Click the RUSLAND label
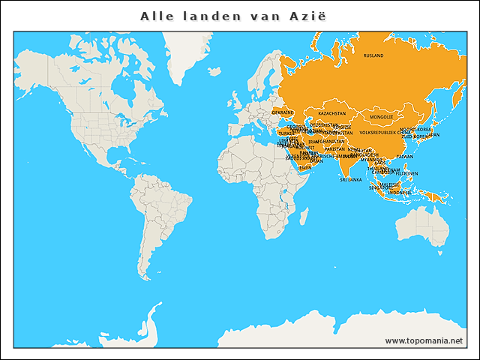373,55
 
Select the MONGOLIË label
381,117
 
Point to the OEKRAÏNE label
282,112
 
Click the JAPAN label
433,135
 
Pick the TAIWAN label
404,157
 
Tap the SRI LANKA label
350,180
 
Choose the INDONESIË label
399,193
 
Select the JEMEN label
304,168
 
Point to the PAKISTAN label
334,148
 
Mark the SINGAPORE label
379,187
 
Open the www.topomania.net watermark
424,340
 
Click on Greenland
187,49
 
